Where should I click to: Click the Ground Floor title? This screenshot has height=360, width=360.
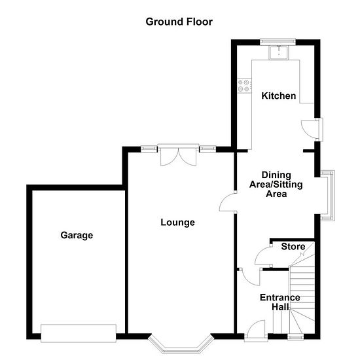179,22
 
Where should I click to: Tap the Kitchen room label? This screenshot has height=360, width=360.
278,96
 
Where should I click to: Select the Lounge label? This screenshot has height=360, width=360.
177,223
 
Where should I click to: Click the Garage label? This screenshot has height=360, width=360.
77,236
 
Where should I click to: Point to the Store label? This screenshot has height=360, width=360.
293,247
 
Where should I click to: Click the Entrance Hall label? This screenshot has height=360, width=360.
280,302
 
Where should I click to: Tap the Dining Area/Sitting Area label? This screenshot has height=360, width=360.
276,185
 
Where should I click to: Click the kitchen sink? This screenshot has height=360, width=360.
279,52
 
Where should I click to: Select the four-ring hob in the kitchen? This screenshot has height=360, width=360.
244,85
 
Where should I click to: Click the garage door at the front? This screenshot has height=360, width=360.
79,333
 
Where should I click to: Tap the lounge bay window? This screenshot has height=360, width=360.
181,344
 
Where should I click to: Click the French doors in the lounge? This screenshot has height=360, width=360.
178,155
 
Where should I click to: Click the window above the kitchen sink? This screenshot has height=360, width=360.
278,41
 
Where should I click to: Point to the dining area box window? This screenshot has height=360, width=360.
327,196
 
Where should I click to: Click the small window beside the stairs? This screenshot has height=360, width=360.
296,337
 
